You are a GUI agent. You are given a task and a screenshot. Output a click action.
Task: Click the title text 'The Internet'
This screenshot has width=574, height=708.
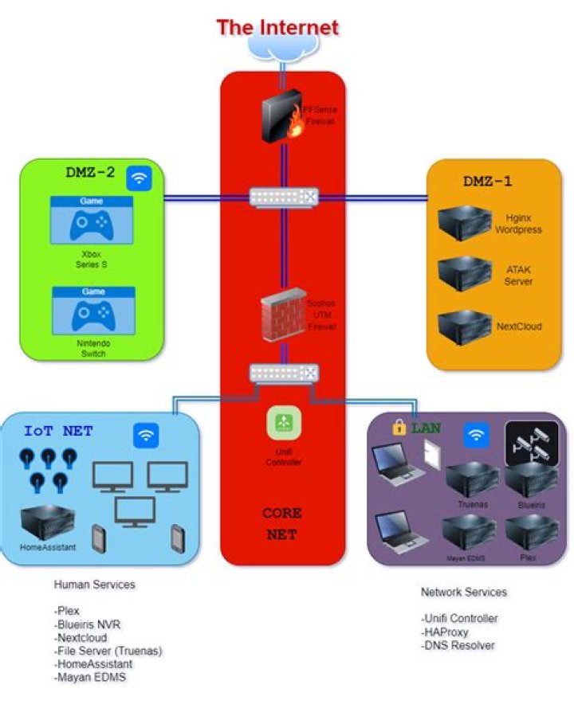(x=278, y=27)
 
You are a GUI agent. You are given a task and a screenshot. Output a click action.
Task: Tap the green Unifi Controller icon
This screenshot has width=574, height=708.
(x=283, y=424)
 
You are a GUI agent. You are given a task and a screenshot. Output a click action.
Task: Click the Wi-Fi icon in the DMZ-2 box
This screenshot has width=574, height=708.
(x=140, y=178)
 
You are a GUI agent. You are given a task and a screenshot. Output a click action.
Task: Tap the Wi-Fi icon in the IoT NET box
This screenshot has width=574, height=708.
(x=146, y=435)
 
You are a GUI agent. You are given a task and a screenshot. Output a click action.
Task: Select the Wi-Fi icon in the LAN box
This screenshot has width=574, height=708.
(x=476, y=435)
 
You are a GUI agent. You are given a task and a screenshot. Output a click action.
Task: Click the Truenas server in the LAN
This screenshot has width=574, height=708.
(x=472, y=479)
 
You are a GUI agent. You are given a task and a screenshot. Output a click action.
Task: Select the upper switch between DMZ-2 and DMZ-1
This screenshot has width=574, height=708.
(x=284, y=197)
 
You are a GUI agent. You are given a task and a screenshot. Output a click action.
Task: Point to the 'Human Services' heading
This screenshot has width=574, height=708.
(x=94, y=585)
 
